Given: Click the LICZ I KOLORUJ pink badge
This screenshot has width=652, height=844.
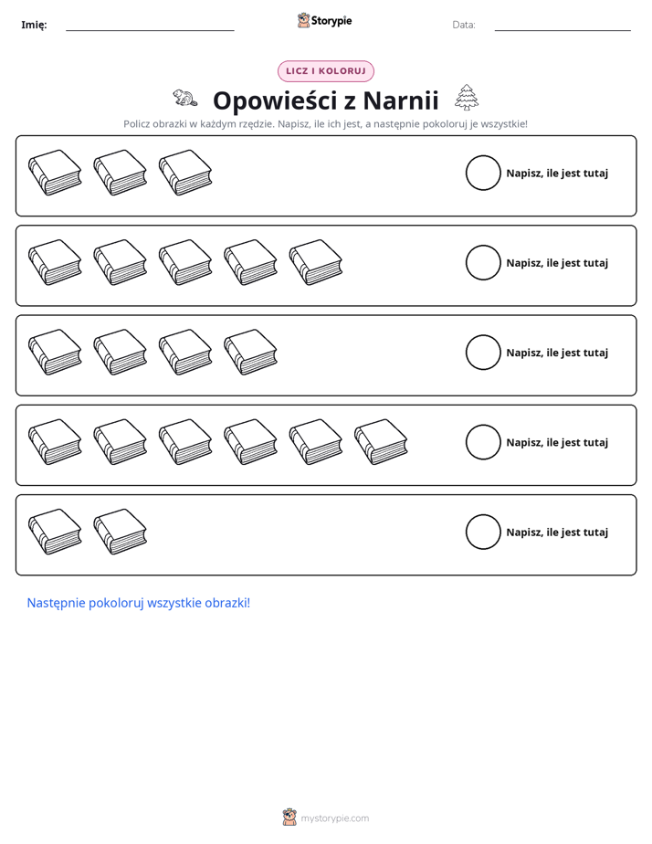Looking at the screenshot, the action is (x=325, y=71).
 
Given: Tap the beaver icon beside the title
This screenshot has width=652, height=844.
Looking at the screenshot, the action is (x=185, y=99).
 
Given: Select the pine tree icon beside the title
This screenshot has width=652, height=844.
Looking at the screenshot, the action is (x=467, y=98).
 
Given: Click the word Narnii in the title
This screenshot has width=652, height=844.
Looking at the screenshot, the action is (x=401, y=100).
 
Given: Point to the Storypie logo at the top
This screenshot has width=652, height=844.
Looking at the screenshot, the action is (x=324, y=20).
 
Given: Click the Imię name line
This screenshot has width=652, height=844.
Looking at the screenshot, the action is (x=150, y=31).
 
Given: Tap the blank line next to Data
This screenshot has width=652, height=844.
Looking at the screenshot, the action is (x=563, y=31).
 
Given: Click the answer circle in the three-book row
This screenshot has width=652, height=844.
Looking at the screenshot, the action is (x=483, y=173).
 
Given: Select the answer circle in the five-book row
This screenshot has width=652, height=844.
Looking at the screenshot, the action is (x=483, y=263).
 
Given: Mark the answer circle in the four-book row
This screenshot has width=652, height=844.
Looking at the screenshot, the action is (x=483, y=353).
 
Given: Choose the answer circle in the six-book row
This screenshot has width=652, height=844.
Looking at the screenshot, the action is (x=483, y=442).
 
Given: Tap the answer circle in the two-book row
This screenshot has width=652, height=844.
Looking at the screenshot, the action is (x=483, y=532).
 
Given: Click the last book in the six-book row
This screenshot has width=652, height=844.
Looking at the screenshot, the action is (x=381, y=442).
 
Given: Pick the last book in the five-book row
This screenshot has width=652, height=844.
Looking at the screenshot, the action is (x=316, y=263).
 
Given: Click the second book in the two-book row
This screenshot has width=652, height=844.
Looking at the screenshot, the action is (x=120, y=532).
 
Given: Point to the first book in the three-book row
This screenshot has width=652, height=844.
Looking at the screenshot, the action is (x=55, y=173).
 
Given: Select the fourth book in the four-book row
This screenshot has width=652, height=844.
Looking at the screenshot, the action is (x=251, y=353).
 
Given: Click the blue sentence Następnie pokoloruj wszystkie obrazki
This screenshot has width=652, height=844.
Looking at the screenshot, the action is (x=139, y=603).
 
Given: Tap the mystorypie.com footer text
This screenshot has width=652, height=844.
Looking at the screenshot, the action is (x=334, y=818).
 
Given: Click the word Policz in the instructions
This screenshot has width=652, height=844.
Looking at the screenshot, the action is (x=137, y=124).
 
